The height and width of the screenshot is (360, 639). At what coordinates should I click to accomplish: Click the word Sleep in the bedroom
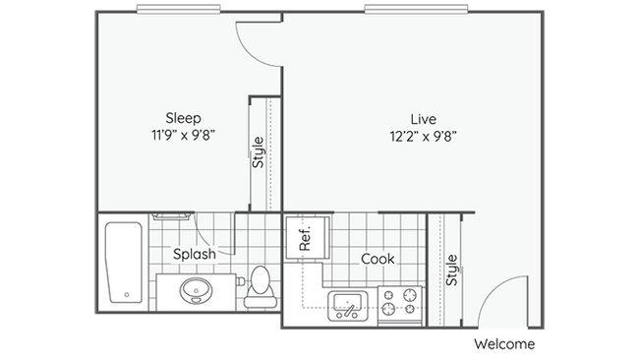[183, 117]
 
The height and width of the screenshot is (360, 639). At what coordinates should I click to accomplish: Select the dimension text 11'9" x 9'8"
[183, 135]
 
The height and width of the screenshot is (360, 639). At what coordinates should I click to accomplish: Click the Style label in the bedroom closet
[259, 152]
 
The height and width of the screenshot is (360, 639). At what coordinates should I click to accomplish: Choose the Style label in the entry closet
[451, 270]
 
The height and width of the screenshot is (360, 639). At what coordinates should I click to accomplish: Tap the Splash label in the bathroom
[195, 254]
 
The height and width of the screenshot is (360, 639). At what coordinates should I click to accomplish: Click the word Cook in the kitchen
[378, 259]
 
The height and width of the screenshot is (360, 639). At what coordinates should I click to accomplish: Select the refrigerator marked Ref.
[305, 239]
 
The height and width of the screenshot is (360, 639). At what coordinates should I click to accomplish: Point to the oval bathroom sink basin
[195, 291]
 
